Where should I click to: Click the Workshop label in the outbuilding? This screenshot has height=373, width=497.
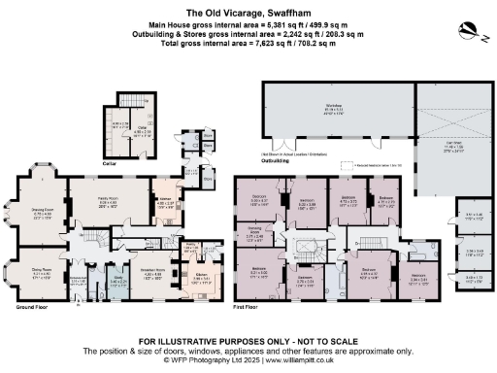(x=332, y=110)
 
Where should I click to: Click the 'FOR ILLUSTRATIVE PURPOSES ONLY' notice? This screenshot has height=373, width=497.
(x=248, y=341)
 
